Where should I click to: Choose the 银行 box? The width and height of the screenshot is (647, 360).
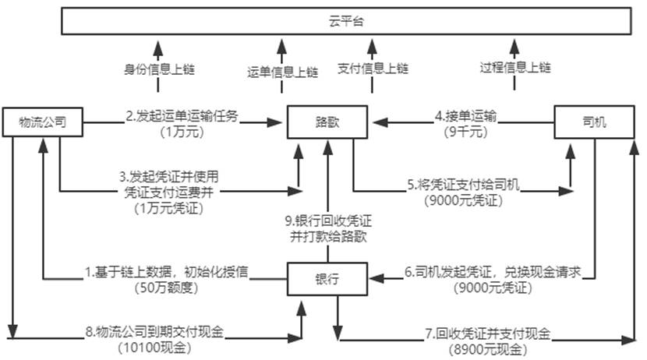click(326, 277)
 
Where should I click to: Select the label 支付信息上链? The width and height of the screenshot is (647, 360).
click(373, 69)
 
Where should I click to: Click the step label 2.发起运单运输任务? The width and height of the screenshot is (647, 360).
click(182, 116)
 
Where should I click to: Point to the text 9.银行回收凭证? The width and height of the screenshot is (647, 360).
click(325, 221)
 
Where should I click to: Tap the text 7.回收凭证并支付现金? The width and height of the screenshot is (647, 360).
click(487, 334)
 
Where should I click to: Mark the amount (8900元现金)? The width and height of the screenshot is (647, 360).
click(487, 348)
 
